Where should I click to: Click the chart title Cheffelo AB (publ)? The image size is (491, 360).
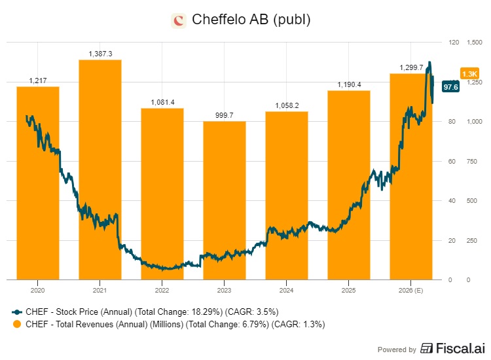click(x=251, y=20)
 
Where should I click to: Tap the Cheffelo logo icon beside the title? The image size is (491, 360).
click(x=178, y=20)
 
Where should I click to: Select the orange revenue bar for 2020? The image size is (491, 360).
click(x=38, y=183)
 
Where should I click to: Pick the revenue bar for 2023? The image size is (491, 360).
click(x=224, y=196)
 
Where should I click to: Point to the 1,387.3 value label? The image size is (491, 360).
click(x=100, y=53)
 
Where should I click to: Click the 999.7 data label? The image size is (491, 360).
click(x=225, y=115)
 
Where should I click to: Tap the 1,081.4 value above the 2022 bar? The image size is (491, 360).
click(x=162, y=102)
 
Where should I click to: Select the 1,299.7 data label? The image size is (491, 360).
click(x=411, y=67)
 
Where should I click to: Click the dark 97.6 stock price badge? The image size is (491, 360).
click(x=450, y=86)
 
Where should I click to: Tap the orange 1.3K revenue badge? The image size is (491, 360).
click(x=469, y=74)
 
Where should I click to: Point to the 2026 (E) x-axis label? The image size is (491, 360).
click(x=411, y=289)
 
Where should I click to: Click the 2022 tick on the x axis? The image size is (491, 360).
click(x=162, y=289)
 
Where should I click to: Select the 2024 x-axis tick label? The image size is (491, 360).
click(x=287, y=289)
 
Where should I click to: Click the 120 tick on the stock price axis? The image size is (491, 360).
click(x=453, y=43)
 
